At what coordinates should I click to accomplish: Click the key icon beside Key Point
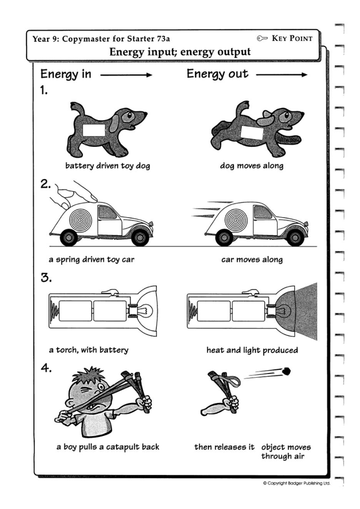262,38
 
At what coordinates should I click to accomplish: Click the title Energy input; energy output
180,52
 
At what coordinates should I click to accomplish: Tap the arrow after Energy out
282,75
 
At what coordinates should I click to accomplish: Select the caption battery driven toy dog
107,166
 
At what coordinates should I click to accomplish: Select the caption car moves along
252,260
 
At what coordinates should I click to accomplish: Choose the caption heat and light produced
252,350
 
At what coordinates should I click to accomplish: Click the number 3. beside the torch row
46,278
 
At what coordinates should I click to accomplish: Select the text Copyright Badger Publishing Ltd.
296,483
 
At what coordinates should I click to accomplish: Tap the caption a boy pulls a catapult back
108,447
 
